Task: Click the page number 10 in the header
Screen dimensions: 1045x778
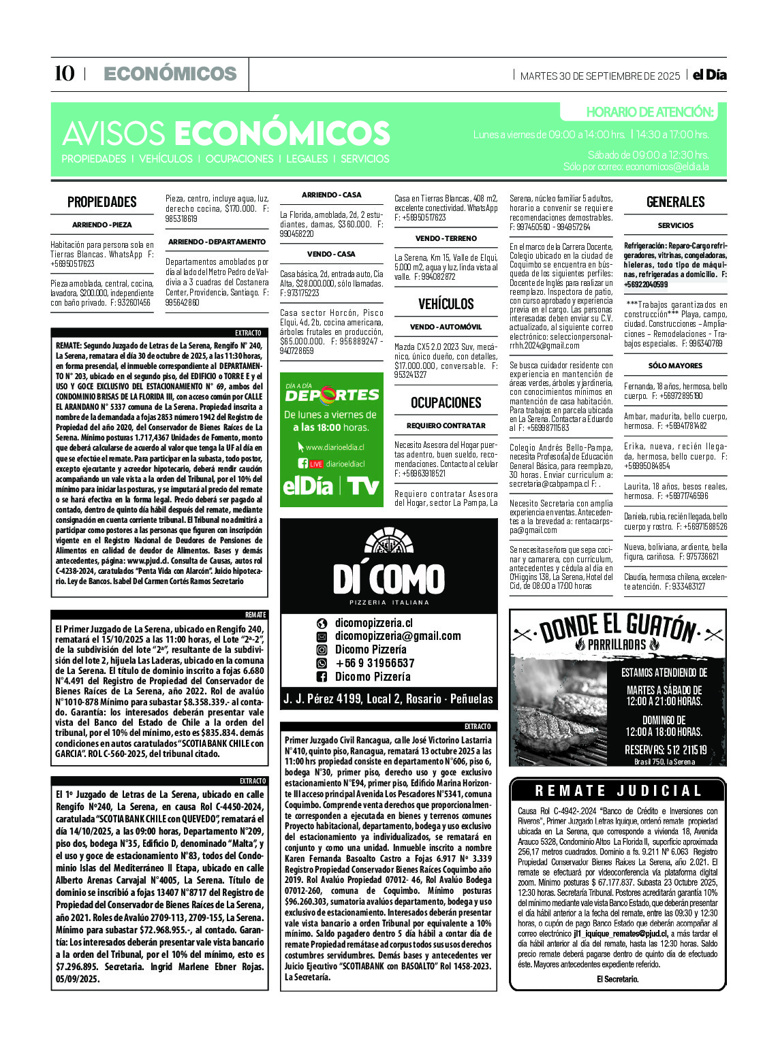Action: [64, 74]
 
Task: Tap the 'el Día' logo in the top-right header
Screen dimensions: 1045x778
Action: [709, 75]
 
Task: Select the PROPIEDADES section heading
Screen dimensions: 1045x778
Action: [102, 202]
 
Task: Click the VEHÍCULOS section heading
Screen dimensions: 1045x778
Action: [446, 304]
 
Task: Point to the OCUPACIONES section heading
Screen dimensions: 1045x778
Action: [446, 402]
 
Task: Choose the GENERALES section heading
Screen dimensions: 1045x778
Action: [675, 202]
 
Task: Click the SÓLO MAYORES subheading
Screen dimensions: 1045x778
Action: [675, 366]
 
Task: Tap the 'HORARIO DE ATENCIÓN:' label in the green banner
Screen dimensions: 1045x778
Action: [649, 112]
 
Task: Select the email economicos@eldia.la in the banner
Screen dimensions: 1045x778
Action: [667, 167]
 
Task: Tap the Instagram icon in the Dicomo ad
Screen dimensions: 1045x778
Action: [322, 649]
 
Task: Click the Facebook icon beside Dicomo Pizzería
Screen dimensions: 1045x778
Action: [322, 677]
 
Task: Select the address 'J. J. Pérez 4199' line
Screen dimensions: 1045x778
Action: [388, 698]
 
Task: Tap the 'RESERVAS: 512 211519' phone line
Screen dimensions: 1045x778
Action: [665, 750]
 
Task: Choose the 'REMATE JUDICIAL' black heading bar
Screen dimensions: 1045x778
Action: [618, 791]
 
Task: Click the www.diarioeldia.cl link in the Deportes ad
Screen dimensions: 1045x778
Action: [334, 447]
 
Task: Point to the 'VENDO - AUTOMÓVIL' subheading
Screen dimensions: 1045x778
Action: [446, 327]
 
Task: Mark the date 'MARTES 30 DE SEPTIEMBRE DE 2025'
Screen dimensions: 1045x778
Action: [600, 76]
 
